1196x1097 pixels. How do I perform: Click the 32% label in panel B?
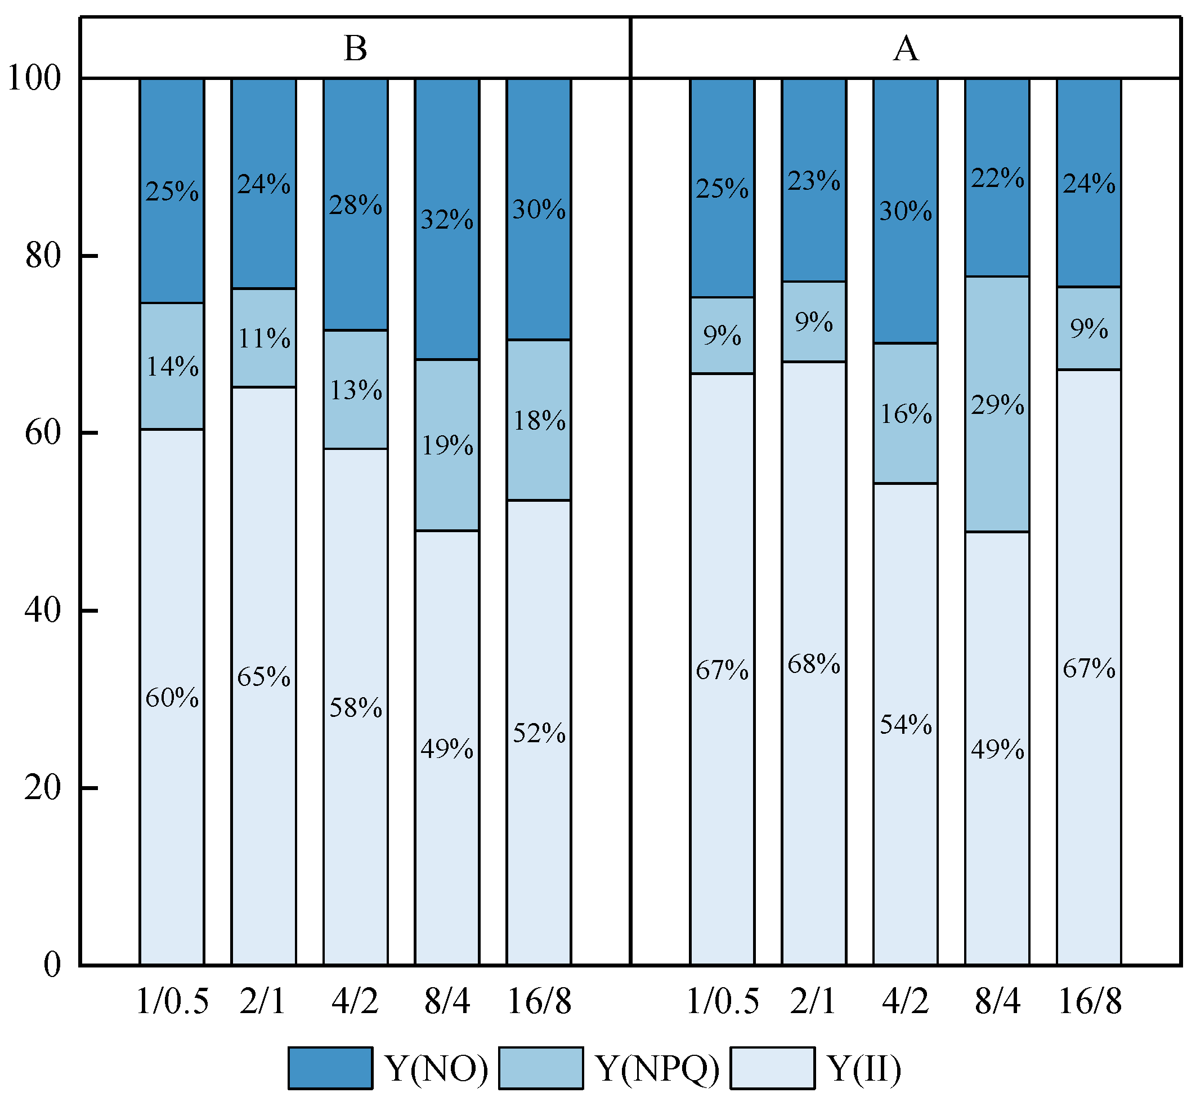coord(447,220)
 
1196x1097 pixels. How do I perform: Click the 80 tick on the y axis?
coord(43,256)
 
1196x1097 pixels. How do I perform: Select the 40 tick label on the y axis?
coord(43,611)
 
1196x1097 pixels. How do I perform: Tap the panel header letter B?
coord(355,48)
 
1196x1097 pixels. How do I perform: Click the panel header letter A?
coord(906,48)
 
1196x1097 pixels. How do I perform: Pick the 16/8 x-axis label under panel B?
coord(539,1001)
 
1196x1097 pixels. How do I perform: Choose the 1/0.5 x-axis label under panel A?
coord(722,1001)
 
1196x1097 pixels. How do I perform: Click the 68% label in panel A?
coord(813,663)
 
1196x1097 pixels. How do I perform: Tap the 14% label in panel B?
coord(172,367)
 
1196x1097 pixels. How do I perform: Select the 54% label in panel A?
coord(906,725)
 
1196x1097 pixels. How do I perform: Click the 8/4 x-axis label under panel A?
coord(997,1001)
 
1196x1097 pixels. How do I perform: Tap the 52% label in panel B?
coord(539,734)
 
